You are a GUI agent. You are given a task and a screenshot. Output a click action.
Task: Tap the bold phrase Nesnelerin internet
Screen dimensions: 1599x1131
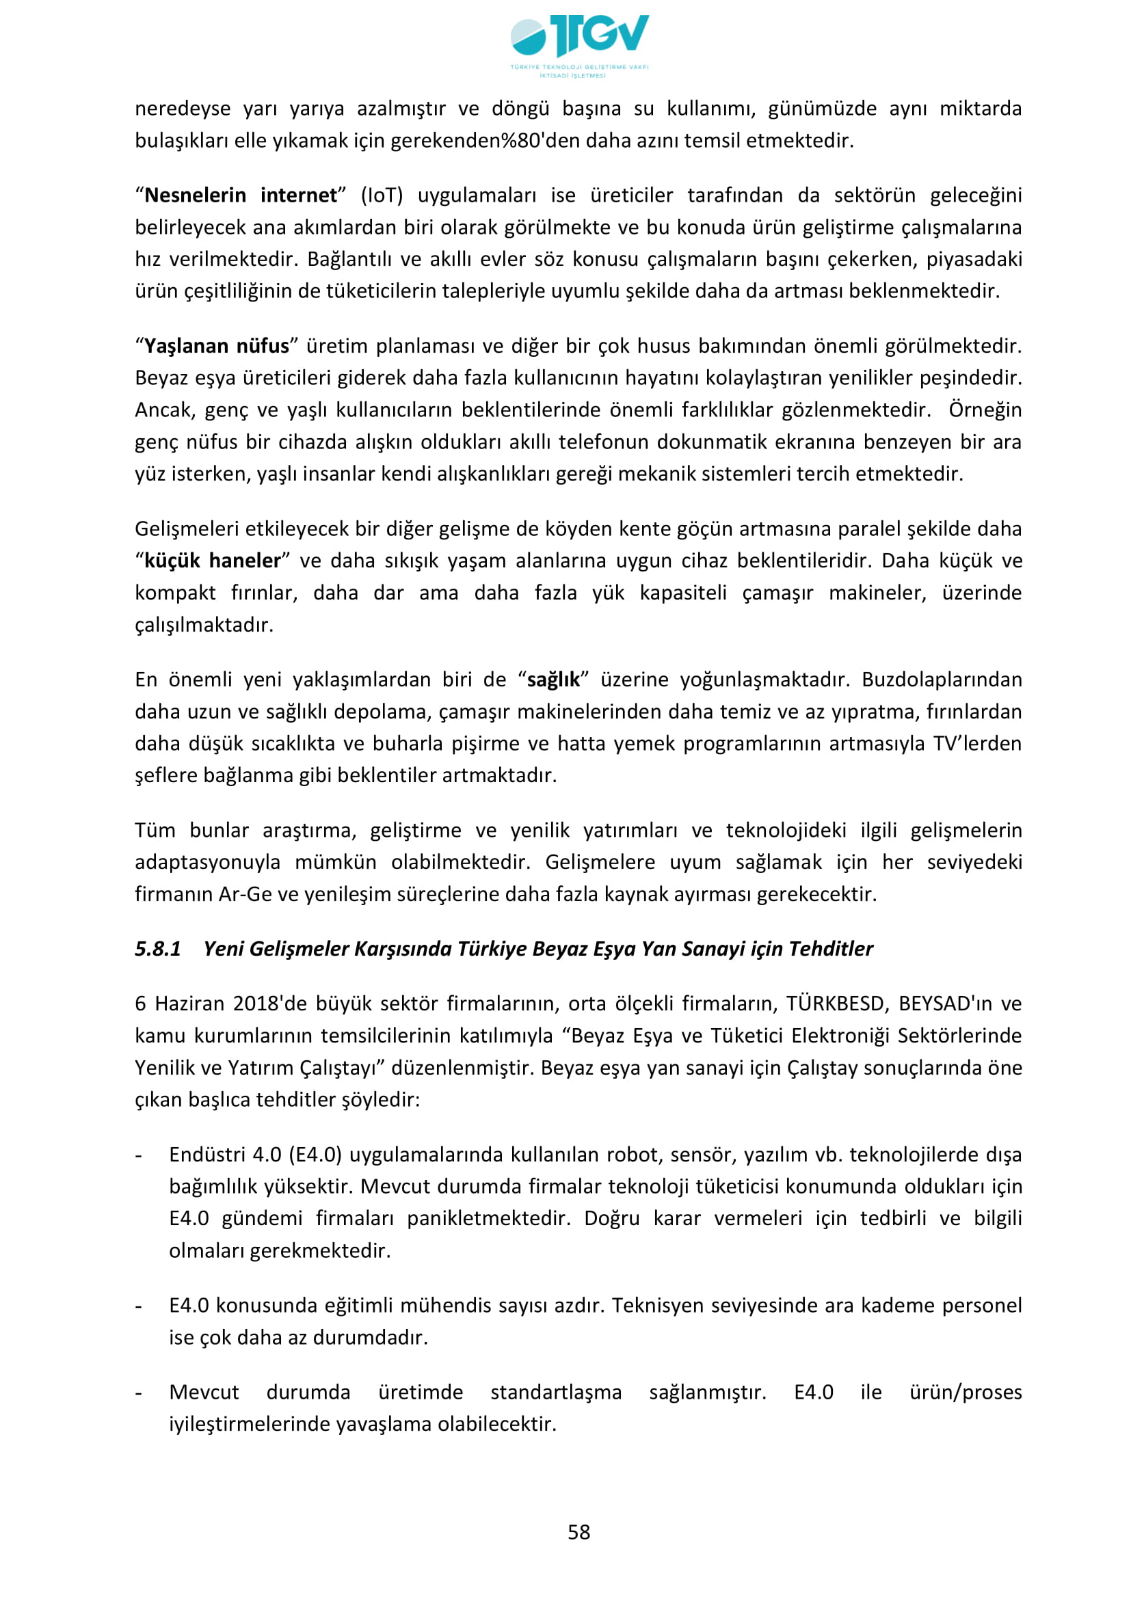[241, 196]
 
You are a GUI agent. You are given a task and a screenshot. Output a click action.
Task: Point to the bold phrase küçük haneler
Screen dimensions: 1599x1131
[213, 561]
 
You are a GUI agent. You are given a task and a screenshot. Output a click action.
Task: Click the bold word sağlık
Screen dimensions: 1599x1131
[554, 680]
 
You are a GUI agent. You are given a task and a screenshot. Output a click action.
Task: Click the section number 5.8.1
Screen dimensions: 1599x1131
[158, 949]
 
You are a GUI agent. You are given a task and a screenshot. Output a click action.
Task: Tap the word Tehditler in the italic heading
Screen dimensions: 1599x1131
[830, 949]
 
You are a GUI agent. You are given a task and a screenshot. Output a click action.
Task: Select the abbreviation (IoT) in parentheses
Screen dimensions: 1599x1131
[382, 196]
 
